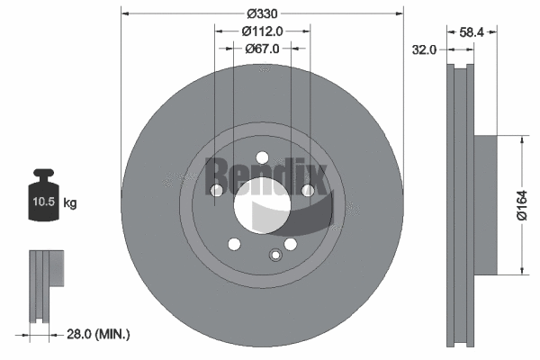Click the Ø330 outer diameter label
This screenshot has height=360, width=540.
(262, 14)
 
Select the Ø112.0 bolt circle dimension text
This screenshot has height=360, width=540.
(263, 31)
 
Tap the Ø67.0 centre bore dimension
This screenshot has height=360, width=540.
(263, 49)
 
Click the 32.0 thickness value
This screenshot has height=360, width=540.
(424, 50)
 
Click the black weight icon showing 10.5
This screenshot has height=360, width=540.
(44, 193)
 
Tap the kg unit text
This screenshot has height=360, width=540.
(70, 203)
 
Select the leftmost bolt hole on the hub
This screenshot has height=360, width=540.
(216, 190)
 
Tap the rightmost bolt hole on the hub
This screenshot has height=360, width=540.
(308, 190)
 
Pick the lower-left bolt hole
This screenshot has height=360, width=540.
(234, 244)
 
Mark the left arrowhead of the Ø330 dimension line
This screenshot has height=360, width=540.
(124, 14)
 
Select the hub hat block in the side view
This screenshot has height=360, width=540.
(485, 205)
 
